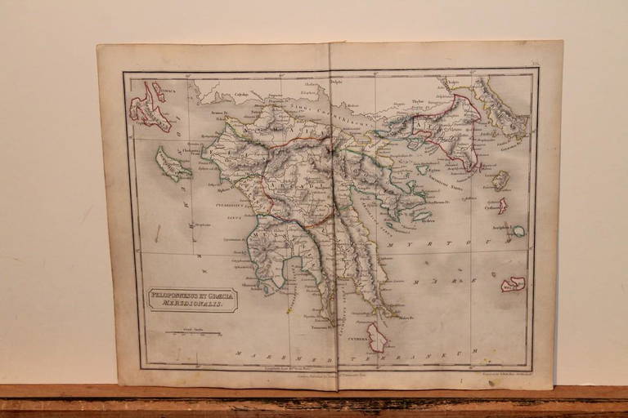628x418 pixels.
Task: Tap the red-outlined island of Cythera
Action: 376,336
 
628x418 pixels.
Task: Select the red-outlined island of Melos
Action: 513,283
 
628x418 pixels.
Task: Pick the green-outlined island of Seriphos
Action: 518,231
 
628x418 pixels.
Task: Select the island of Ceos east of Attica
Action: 500,178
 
